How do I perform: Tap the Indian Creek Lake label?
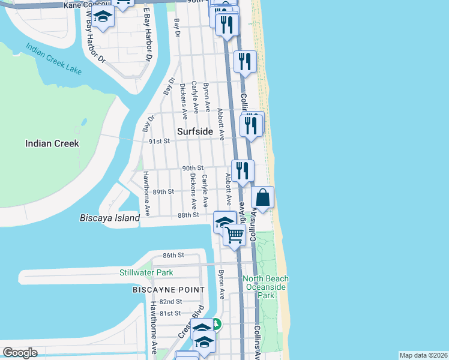(53, 59)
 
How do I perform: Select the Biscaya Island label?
(110, 218)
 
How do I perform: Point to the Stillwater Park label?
(146, 272)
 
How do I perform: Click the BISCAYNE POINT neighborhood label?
(169, 290)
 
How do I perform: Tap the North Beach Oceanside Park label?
(266, 287)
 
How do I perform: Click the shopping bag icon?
(263, 197)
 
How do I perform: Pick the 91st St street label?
(160, 141)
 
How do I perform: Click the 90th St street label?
(193, 168)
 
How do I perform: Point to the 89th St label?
(163, 191)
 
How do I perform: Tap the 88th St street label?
(188, 215)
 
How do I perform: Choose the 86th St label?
(172, 255)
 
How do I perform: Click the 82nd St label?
(171, 301)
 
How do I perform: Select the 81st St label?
(170, 313)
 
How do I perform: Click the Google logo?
(20, 353)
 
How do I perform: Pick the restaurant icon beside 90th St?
(243, 170)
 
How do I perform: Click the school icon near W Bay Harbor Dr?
(103, 17)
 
